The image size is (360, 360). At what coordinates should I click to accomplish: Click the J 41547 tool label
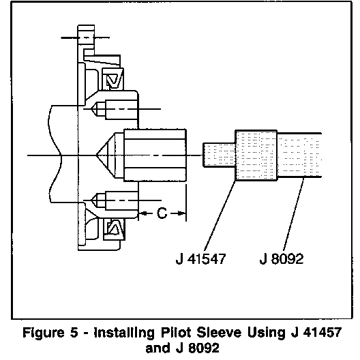(201, 259)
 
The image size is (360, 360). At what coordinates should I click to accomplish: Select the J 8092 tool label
(282, 259)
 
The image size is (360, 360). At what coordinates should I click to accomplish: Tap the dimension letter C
(162, 213)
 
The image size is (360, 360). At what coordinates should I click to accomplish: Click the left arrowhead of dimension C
(142, 213)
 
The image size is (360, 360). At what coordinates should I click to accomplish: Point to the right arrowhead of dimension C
(182, 213)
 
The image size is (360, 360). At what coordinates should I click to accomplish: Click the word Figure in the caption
(44, 333)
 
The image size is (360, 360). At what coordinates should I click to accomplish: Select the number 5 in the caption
(74, 333)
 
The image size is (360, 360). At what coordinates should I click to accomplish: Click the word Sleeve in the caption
(220, 333)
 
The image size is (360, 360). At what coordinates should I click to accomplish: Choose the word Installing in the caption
(124, 333)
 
